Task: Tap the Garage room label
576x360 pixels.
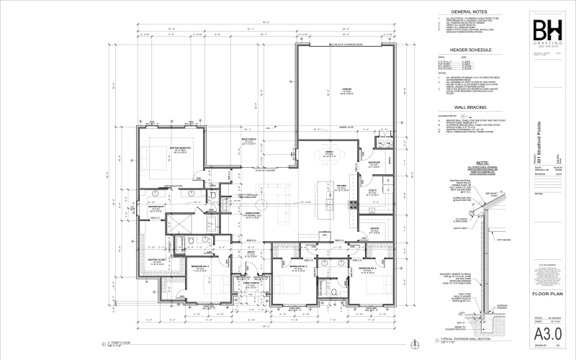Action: [346, 92]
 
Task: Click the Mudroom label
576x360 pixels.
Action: [374, 163]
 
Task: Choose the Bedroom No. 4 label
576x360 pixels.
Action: [357, 271]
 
